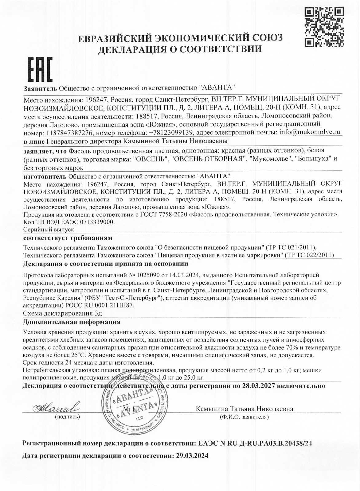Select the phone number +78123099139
170,133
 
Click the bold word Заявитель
40,88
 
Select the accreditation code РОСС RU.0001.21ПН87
100,305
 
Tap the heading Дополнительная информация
72,322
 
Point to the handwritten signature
55,408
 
